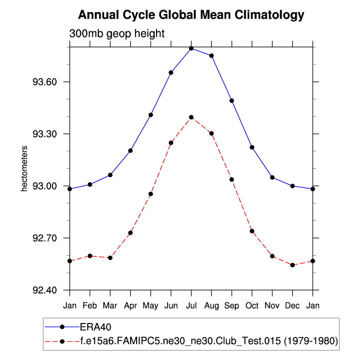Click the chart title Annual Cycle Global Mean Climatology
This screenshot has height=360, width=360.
point(191,15)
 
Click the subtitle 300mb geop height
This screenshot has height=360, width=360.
point(116,33)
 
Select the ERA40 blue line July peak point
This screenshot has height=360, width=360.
point(191,48)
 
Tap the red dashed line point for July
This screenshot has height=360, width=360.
point(191,117)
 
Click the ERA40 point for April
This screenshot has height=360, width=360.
point(131,150)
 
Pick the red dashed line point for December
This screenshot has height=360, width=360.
point(292,265)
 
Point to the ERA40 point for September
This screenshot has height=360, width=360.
point(232,101)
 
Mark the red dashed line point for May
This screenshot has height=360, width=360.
point(151,194)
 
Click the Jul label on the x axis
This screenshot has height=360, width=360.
point(191,305)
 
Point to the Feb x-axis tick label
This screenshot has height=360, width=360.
point(90,305)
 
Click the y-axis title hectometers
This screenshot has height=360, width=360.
point(23,169)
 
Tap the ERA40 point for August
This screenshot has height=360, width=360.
point(211,56)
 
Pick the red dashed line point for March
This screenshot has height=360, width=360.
point(110,258)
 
